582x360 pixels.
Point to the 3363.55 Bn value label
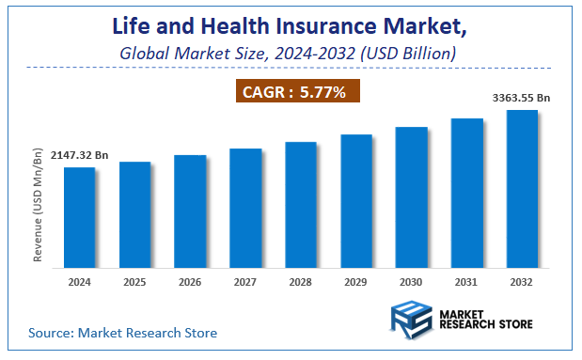524,96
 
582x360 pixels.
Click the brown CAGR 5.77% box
297,91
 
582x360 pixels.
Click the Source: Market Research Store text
122,333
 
